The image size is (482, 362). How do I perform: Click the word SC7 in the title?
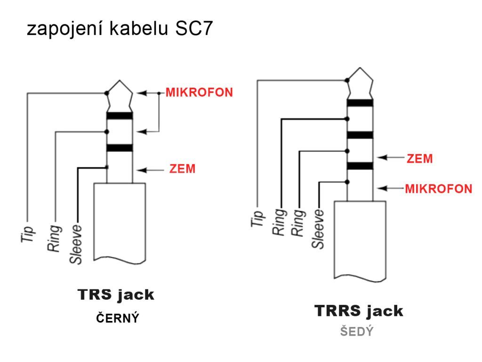point(194,28)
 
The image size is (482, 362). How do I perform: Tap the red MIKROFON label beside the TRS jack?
point(199,92)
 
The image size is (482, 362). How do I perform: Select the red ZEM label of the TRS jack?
point(182,169)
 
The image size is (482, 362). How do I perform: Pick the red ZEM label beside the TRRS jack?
point(419,158)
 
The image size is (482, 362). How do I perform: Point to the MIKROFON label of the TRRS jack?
point(438,189)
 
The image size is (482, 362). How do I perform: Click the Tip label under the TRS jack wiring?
point(27,234)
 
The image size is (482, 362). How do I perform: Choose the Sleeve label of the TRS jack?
point(76,245)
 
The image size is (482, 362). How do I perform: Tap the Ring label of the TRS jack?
point(54,238)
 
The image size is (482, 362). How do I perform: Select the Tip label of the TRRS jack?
point(257,219)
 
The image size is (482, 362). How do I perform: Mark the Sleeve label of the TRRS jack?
point(318,229)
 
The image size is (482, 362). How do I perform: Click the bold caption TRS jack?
point(116,295)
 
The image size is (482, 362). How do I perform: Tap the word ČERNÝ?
point(117,318)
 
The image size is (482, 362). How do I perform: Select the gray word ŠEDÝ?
point(357,331)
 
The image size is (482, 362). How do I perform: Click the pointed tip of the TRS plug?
point(120,80)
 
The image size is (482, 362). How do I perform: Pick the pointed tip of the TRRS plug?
point(360,68)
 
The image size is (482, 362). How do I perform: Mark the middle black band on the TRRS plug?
point(360,135)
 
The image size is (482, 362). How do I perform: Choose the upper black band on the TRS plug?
point(120,116)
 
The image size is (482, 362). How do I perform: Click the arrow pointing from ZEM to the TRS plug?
point(151,170)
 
